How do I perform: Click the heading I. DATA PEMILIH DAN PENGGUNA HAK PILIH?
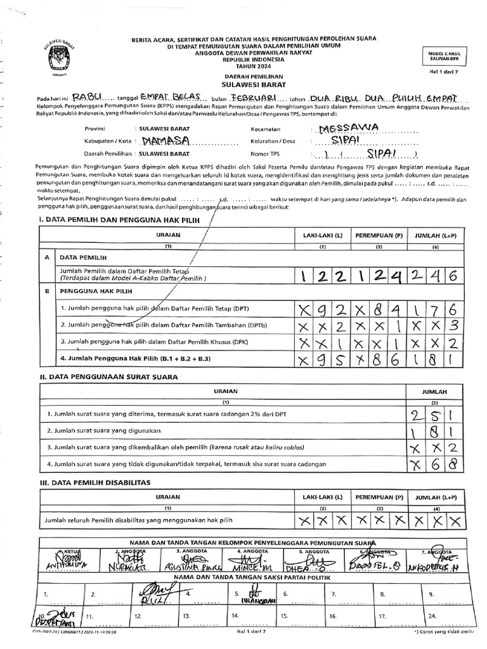tap(120, 219)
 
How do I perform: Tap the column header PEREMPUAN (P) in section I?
tap(379, 235)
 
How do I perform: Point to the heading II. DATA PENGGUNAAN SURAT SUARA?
tap(108, 376)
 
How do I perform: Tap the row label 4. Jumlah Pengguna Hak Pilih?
tap(135, 359)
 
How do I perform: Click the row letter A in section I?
tap(46, 259)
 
